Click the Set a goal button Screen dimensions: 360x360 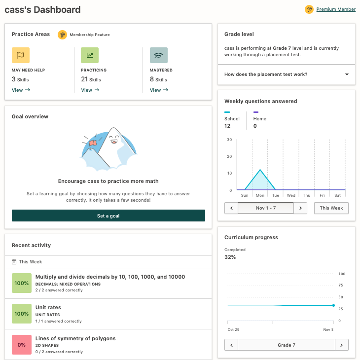click(x=108, y=216)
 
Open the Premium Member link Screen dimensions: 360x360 click(x=335, y=9)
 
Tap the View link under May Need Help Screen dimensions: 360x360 click(x=21, y=90)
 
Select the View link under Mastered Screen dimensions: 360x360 click(x=159, y=90)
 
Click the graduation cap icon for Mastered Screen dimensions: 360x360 click(x=159, y=55)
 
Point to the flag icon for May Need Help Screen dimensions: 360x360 click(x=21, y=55)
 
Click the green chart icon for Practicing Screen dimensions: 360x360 click(x=90, y=55)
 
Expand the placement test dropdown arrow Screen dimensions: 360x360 click(x=347, y=74)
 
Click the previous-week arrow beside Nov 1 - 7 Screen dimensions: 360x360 click(x=231, y=208)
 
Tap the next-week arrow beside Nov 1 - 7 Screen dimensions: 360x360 click(x=300, y=208)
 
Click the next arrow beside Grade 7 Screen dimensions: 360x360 click(x=342, y=345)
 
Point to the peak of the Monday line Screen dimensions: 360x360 click(x=260, y=170)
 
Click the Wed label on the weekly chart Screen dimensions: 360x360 click(x=291, y=195)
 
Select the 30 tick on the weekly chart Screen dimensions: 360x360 click(x=229, y=140)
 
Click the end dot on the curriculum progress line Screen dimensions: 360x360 click(x=333, y=305)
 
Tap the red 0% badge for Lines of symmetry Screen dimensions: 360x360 click(x=22, y=345)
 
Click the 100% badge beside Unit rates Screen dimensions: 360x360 click(x=22, y=314)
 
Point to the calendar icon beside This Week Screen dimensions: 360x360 click(x=14, y=262)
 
